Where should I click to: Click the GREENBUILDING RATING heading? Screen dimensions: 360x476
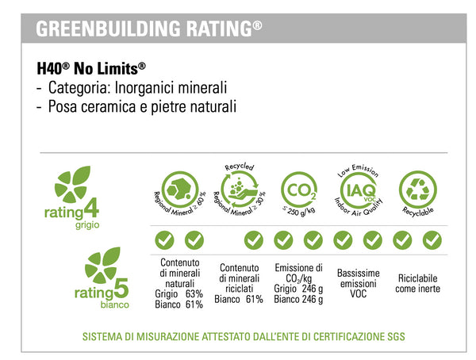[149, 29]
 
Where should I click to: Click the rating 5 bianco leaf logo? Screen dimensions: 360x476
[102, 263]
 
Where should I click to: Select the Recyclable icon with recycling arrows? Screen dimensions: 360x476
[417, 190]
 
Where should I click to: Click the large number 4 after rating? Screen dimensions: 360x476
[113, 211]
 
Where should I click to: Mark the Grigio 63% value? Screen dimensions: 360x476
[179, 293]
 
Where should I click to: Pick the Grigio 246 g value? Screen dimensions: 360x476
[298, 288]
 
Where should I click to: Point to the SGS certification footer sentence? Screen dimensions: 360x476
[244, 336]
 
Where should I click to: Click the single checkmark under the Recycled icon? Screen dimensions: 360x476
[253, 239]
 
